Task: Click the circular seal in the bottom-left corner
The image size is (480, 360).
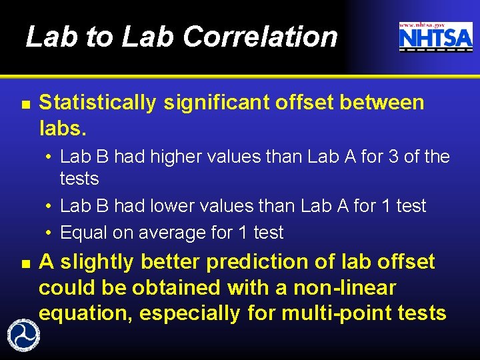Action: tap(22, 334)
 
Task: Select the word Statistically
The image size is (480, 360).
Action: tap(98, 103)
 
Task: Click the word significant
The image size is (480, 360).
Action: tap(212, 103)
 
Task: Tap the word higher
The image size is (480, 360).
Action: tap(178, 157)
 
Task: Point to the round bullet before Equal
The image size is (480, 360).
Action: tap(49, 233)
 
